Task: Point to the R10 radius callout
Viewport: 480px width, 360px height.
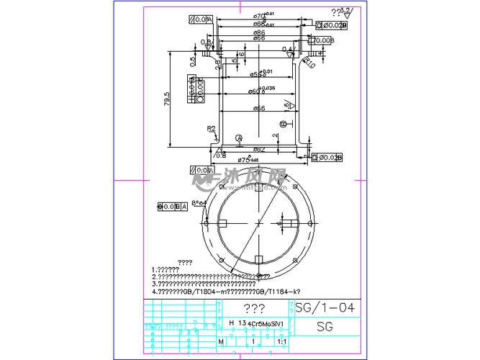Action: click(309, 63)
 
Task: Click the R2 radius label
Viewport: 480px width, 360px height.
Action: click(212, 129)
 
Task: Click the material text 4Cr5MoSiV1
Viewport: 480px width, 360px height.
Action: click(265, 323)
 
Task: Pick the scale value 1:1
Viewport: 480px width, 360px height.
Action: click(281, 341)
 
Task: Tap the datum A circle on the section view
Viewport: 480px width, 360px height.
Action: click(239, 137)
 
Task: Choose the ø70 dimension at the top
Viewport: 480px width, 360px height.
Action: click(259, 16)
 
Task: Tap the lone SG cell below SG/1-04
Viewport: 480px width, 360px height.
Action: click(325, 326)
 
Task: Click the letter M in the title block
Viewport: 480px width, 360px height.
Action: click(221, 341)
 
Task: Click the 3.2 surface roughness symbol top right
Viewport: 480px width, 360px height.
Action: click(342, 12)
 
